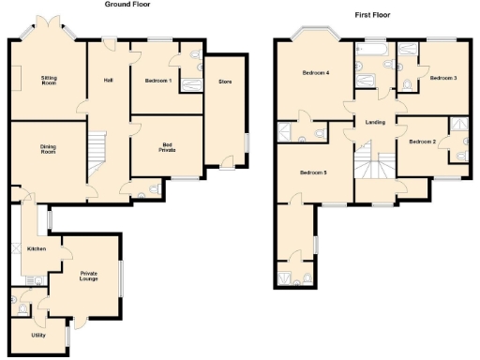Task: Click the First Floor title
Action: tap(372, 15)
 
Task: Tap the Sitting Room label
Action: tap(49, 81)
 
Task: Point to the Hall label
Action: tap(109, 81)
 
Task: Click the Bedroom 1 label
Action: tap(157, 82)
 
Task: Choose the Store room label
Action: tap(225, 82)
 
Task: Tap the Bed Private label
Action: tap(166, 147)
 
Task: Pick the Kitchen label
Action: tap(37, 248)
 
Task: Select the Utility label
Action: tap(38, 335)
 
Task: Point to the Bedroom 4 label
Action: tap(315, 73)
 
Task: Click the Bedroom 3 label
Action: tap(443, 78)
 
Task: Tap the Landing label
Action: tap(376, 123)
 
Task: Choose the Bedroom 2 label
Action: tap(423, 142)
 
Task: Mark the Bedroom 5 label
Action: tap(313, 172)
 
